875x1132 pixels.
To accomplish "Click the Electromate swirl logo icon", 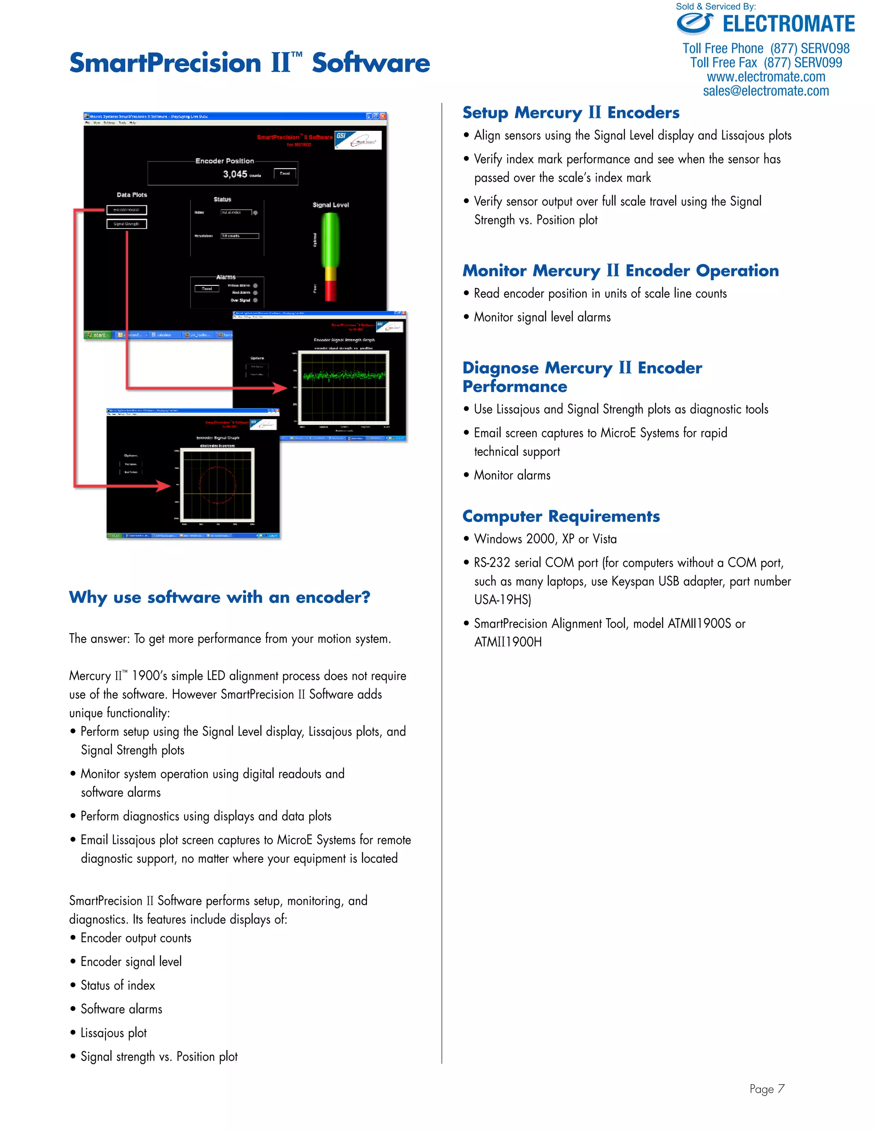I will [x=695, y=24].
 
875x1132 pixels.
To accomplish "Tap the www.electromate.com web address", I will [x=766, y=77].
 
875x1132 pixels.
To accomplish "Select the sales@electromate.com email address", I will [x=766, y=91].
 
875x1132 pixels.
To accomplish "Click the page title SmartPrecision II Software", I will [x=250, y=63].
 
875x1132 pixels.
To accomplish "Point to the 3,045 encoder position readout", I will [x=235, y=174].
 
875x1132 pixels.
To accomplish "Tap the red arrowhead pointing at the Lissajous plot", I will [x=164, y=486].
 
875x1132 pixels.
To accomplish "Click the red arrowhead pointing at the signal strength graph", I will [x=280, y=388].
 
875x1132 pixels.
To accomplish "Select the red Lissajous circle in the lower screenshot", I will [x=217, y=485].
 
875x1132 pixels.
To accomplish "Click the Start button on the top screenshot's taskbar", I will [x=97, y=335].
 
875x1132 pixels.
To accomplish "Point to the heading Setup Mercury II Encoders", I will [x=571, y=112].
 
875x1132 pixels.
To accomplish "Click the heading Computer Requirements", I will [x=561, y=516].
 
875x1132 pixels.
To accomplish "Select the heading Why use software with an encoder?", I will [x=219, y=597].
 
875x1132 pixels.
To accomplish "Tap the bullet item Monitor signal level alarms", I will [x=542, y=317].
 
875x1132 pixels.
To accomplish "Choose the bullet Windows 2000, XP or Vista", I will [x=545, y=539].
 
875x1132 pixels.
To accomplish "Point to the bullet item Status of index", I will [x=117, y=985].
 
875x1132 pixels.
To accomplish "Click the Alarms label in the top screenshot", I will [x=226, y=277].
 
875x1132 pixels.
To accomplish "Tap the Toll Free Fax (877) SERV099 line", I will [x=766, y=63].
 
